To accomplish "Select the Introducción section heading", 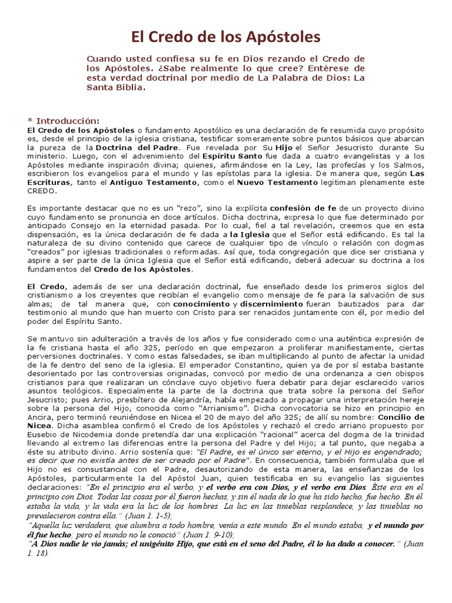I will pyautogui.click(x=67, y=121).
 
